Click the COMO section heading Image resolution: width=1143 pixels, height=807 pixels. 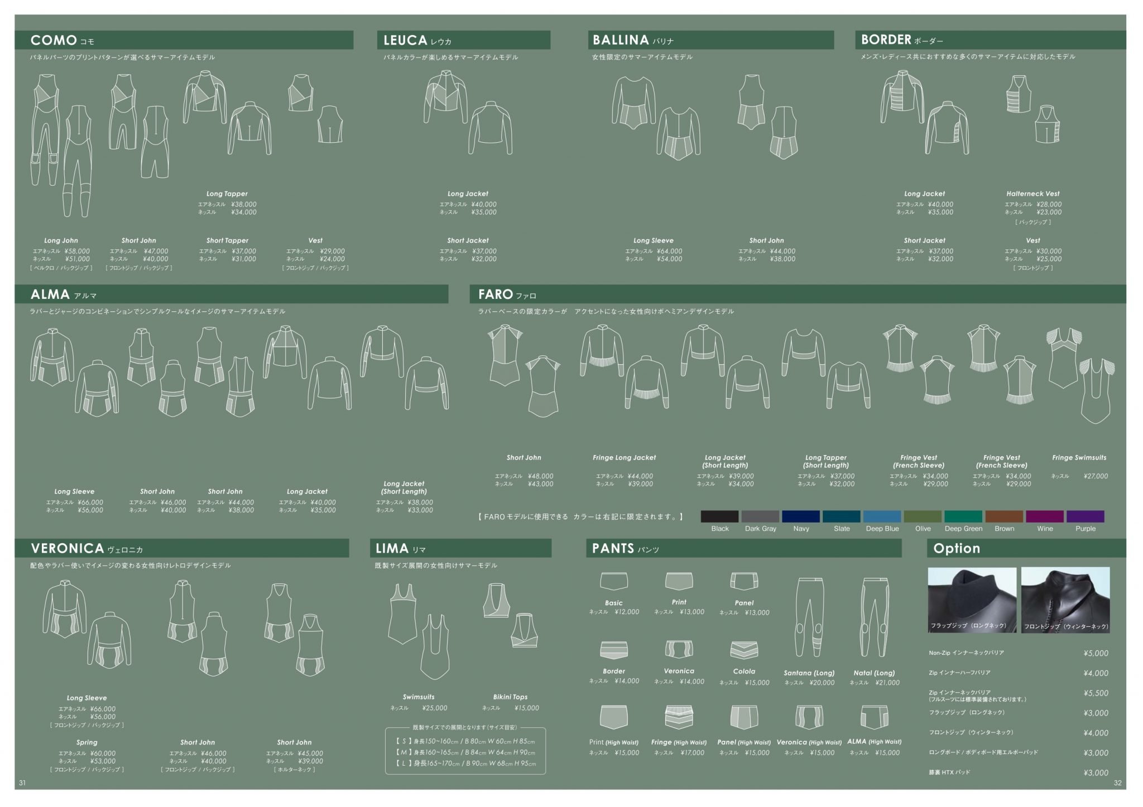[54, 40]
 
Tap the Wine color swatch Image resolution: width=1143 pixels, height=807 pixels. [1044, 516]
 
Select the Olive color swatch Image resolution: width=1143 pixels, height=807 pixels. [922, 516]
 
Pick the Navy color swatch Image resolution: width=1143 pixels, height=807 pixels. [800, 516]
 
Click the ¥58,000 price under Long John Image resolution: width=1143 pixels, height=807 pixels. [77, 252]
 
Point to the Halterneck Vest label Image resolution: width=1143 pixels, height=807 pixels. [1032, 194]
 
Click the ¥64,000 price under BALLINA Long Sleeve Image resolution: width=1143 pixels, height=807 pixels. [669, 252]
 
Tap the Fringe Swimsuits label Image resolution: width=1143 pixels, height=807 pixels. [1079, 457]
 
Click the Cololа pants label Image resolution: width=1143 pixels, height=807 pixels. [743, 671]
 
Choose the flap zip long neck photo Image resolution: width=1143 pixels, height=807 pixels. [972, 600]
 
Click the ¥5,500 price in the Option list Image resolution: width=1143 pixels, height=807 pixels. [1096, 693]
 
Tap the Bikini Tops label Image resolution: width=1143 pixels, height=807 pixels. [510, 697]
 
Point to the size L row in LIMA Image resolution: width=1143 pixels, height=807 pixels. [465, 763]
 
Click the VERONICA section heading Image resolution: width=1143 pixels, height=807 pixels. [68, 548]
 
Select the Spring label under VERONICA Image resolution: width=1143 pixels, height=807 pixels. [87, 742]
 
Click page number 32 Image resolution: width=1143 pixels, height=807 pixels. [1117, 783]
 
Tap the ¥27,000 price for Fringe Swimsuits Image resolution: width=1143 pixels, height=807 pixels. [1096, 476]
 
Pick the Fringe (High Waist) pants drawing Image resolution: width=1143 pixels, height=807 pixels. [679, 718]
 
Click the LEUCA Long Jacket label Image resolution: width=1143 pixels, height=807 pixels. [468, 194]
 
